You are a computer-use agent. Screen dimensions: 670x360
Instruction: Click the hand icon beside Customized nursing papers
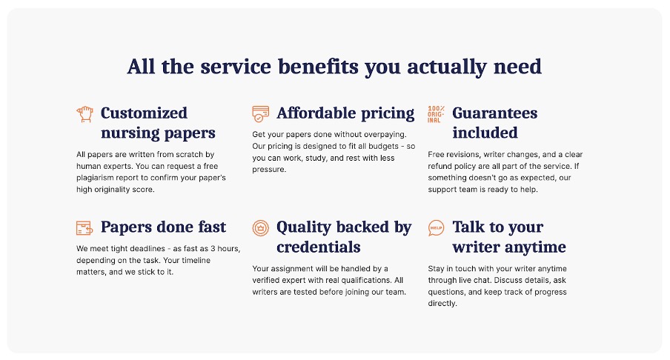pyautogui.click(x=84, y=114)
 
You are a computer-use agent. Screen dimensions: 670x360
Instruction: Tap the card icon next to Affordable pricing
pyautogui.click(x=260, y=114)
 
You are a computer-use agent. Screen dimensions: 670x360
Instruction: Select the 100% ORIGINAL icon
pyautogui.click(x=436, y=114)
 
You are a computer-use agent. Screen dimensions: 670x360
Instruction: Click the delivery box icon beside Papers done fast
pyautogui.click(x=84, y=227)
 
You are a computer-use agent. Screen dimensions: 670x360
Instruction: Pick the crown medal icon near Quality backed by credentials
pyautogui.click(x=260, y=228)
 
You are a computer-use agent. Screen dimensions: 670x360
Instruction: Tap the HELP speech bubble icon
pyautogui.click(x=436, y=228)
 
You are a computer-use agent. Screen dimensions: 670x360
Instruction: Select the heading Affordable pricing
pyautogui.click(x=345, y=113)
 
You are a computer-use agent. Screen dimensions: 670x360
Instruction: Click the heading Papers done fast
pyautogui.click(x=163, y=227)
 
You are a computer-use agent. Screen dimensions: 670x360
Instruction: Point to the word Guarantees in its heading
pyautogui.click(x=495, y=113)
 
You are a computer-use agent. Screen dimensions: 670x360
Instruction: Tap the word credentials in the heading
pyautogui.click(x=319, y=247)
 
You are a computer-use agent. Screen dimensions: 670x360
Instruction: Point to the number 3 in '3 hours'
pyautogui.click(x=213, y=249)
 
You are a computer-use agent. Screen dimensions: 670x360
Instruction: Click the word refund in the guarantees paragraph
pyautogui.click(x=440, y=166)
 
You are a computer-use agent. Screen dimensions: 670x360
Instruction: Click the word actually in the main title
pyautogui.click(x=446, y=67)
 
